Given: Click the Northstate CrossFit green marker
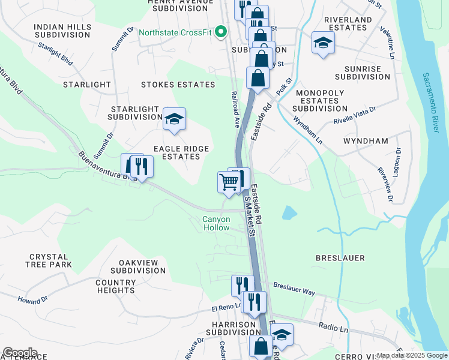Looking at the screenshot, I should [x=221, y=32].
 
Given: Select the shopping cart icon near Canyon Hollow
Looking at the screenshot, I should [x=229, y=182].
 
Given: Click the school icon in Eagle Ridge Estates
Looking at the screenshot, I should [x=174, y=119].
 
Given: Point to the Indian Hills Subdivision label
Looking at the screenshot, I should [x=62, y=31].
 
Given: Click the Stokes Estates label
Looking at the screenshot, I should [x=178, y=85].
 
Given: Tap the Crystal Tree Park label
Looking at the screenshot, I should [x=49, y=260].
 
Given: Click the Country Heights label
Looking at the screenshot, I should [x=115, y=286].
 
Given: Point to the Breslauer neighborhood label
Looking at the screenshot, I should [x=340, y=258].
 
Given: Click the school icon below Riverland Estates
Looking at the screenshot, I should [x=323, y=43].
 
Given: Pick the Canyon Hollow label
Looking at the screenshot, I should [x=216, y=223].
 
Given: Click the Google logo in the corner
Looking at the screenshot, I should [x=20, y=352].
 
